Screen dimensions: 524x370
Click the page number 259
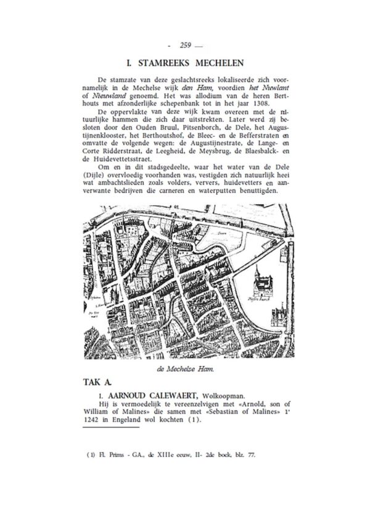(184, 45)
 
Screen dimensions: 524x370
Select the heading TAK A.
(97, 382)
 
